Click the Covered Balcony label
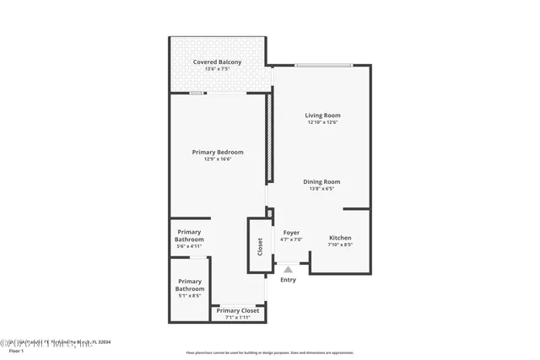[217, 62]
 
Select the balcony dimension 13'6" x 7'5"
[217, 69]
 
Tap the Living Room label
[322, 116]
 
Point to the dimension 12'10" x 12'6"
[322, 122]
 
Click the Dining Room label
[322, 181]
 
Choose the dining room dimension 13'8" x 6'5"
[322, 188]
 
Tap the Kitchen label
[340, 238]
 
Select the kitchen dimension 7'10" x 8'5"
[340, 245]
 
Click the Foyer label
[291, 233]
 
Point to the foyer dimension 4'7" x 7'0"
[291, 239]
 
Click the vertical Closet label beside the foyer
[260, 246]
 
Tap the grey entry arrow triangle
[288, 270]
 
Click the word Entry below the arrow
[288, 280]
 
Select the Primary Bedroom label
[218, 153]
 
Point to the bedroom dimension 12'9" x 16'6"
[218, 159]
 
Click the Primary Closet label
[238, 311]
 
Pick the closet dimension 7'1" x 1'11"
[238, 318]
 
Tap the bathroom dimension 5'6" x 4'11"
[190, 247]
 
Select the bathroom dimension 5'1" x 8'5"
[190, 296]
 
